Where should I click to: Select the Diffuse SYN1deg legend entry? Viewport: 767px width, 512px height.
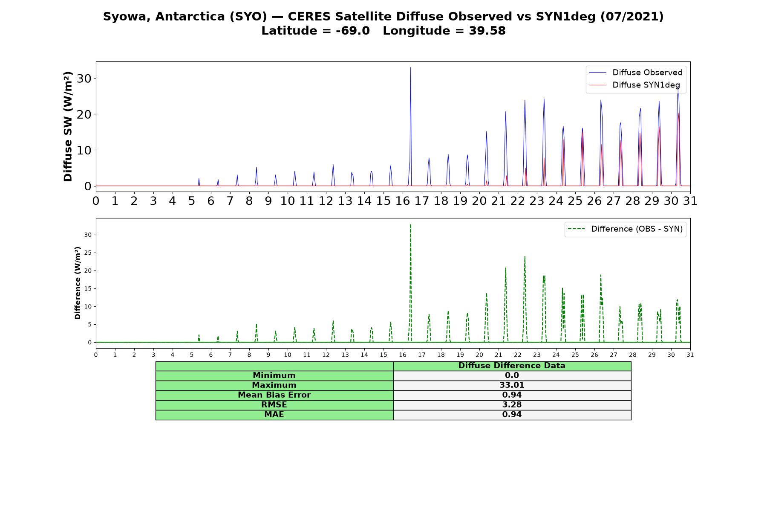click(x=634, y=85)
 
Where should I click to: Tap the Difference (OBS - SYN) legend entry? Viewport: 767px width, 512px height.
click(x=626, y=229)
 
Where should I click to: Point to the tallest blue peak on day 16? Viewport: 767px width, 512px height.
click(x=410, y=67)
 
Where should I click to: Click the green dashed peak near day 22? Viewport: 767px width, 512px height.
click(x=525, y=256)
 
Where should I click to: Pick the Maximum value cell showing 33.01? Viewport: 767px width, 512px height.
click(x=512, y=385)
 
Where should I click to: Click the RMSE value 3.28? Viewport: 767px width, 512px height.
click(x=512, y=405)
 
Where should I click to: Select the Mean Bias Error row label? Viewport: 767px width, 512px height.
click(x=274, y=395)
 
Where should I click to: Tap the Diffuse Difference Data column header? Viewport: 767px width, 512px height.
click(x=512, y=366)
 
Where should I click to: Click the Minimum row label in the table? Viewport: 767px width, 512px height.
click(x=274, y=375)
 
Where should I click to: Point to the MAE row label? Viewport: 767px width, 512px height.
click(x=274, y=415)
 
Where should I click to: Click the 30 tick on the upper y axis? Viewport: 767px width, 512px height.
click(x=84, y=79)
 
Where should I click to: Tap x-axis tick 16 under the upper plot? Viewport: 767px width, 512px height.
click(x=403, y=201)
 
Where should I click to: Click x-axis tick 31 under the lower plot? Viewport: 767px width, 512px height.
click(x=690, y=355)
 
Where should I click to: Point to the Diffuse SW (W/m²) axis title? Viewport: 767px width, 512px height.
click(x=68, y=127)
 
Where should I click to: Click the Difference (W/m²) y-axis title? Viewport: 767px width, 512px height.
click(x=78, y=282)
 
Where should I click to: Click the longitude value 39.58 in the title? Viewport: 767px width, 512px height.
click(x=487, y=31)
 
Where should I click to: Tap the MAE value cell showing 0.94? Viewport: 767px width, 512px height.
click(x=512, y=415)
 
